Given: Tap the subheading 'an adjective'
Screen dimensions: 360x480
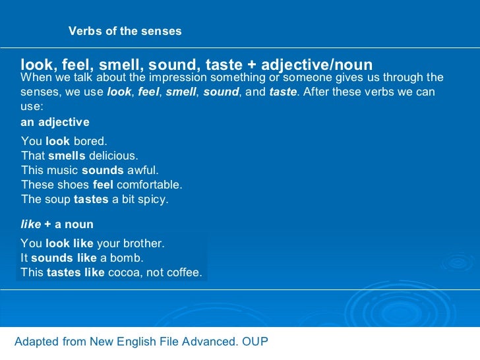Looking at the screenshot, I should tap(55, 123).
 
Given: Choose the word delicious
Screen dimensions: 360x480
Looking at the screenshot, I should tap(113, 156).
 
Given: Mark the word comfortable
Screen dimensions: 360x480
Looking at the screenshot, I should tap(149, 185).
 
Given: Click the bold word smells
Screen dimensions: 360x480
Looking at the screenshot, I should tap(67, 156).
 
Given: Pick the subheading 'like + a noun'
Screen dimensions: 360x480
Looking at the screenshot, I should tap(57, 225).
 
